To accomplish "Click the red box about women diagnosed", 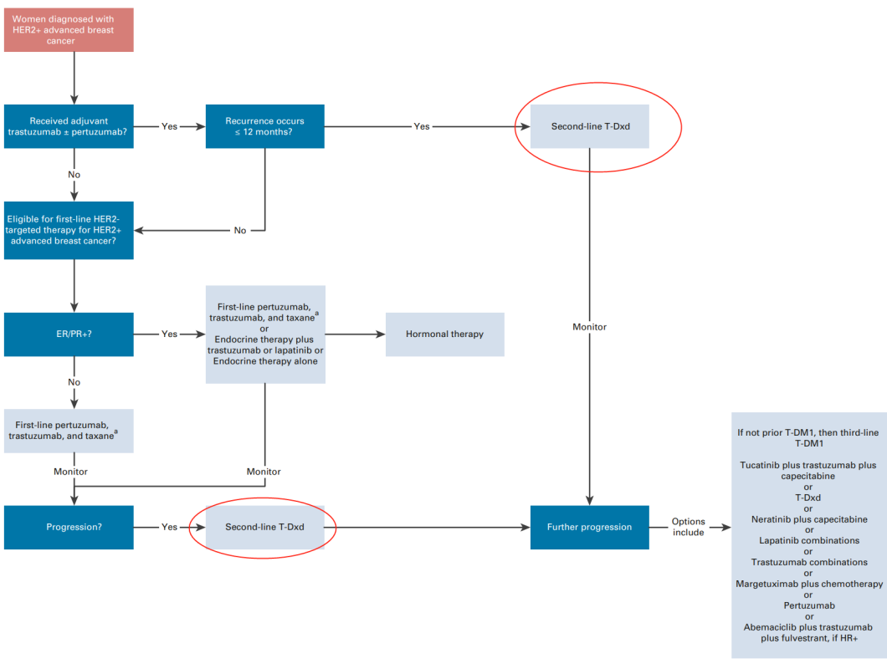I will click(69, 30).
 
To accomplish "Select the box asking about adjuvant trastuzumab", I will click(69, 126).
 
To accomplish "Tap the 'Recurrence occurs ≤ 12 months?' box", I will click(264, 126).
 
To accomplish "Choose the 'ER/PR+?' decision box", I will click(69, 334).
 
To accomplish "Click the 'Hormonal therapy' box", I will click(444, 334).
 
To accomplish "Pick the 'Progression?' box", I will click(69, 527).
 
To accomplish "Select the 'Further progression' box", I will click(589, 527).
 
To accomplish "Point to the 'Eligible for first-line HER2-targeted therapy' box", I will click(69, 230).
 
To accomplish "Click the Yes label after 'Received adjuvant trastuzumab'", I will click(169, 126).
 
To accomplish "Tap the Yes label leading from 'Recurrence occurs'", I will click(422, 126).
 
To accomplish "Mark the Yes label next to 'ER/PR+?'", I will click(169, 334).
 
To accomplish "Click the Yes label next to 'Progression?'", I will click(169, 527).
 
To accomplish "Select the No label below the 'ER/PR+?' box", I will click(74, 382).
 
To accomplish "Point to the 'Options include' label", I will click(688, 527).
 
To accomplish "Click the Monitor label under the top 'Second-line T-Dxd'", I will click(590, 327).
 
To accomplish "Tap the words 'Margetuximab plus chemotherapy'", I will click(809, 584).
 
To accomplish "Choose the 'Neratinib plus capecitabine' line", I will click(809, 519).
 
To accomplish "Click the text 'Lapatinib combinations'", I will click(809, 540).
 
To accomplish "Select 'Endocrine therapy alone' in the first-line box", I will click(264, 361).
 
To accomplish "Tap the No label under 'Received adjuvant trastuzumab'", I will click(74, 176).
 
